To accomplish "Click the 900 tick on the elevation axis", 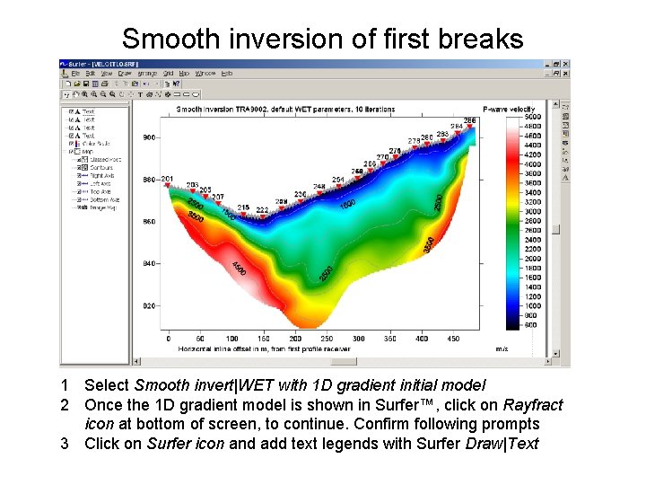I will (150, 137).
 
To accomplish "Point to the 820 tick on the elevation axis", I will (150, 305).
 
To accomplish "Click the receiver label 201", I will (167, 179).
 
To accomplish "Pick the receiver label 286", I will (469, 120).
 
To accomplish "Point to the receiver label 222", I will (261, 209).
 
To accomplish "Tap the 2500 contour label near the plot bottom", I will (327, 272).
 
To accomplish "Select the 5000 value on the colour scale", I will (533, 118).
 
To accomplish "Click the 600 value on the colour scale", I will (533, 324).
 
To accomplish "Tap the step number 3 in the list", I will (65, 443).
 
